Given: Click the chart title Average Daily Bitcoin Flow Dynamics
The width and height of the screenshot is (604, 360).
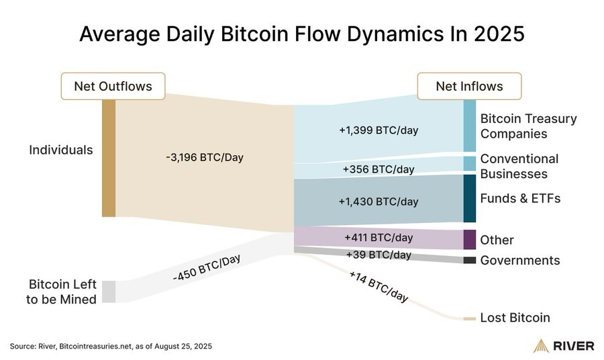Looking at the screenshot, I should [x=301, y=34].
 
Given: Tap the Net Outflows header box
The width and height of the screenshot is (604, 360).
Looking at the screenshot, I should [x=113, y=86].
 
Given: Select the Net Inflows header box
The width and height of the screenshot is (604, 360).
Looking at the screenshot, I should [x=469, y=86].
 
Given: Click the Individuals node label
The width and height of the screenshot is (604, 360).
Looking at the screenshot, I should [x=61, y=150].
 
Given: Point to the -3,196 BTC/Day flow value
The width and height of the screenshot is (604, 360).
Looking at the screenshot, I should [x=204, y=158].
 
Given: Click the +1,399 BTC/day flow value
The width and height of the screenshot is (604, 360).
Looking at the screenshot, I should [x=379, y=130].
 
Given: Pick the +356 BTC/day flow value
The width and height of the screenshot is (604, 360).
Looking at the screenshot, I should [x=379, y=169].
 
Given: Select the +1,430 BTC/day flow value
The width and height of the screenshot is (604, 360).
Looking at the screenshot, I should [x=379, y=201].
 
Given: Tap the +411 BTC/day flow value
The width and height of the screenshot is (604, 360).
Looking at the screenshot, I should [x=379, y=237].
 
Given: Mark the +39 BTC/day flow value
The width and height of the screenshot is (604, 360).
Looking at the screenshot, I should [x=379, y=255].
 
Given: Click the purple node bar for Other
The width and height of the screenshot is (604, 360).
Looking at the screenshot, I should [x=470, y=239].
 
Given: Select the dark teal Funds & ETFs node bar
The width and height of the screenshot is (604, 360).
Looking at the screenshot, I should [x=470, y=198].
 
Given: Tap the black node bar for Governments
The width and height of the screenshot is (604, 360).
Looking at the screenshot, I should [x=470, y=260].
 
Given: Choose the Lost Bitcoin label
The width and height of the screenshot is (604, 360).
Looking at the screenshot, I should [x=515, y=318].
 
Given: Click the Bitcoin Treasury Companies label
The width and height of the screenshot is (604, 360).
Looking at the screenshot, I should [x=519, y=126].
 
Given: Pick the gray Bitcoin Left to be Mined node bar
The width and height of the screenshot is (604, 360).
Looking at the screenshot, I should [x=109, y=291].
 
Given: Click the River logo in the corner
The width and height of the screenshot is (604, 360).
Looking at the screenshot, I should [x=563, y=346].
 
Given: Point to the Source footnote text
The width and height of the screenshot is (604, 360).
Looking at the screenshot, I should [x=111, y=346].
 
